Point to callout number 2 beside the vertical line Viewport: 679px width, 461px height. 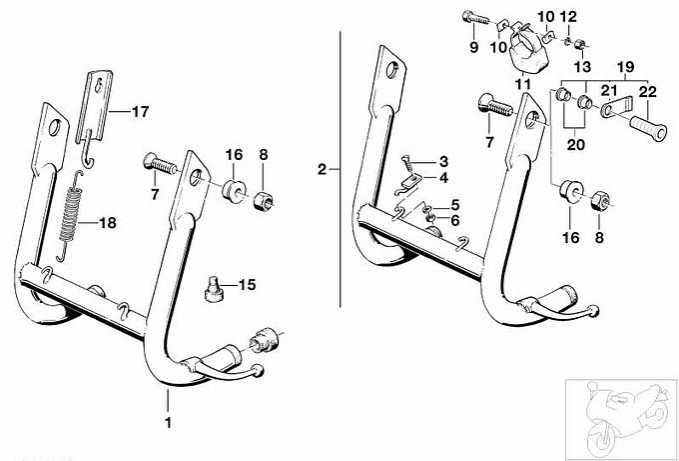322,169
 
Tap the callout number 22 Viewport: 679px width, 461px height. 648,91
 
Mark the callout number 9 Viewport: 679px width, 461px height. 473,47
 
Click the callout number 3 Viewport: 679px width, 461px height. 443,161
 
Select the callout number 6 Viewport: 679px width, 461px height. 454,219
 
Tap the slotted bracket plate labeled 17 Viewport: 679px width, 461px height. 93,101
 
